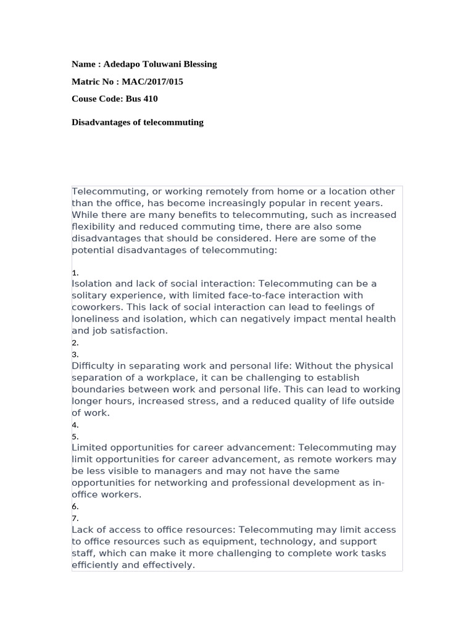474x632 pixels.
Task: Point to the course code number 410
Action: coord(151,99)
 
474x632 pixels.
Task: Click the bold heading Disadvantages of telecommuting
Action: coord(137,122)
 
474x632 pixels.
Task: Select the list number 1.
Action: coord(74,273)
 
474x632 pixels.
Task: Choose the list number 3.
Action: coord(74,355)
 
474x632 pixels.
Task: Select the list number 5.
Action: coord(74,436)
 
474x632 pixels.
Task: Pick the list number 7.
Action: coord(74,518)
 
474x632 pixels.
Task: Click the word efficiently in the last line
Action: coord(95,565)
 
